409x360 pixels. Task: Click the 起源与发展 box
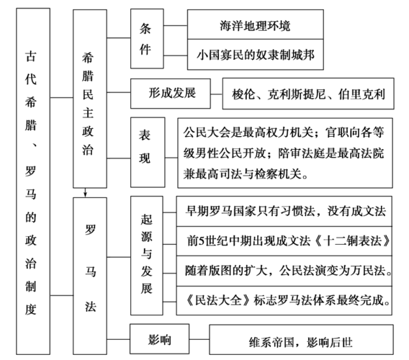(x=147, y=253)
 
